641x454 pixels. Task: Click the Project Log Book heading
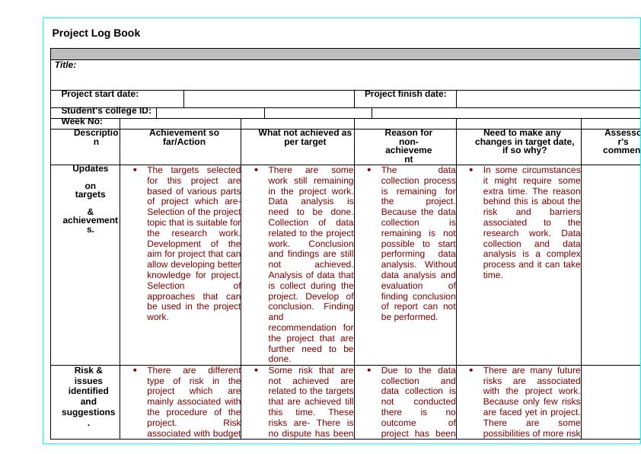click(96, 34)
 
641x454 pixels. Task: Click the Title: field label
click(65, 66)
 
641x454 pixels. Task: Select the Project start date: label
click(100, 94)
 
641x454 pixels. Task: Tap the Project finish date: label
click(405, 94)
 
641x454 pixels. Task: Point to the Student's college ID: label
click(106, 111)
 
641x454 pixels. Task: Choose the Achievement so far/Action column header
click(180, 137)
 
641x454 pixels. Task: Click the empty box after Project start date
click(269, 98)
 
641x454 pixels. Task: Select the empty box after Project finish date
click(547, 98)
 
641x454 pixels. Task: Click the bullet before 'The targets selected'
click(134, 170)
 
